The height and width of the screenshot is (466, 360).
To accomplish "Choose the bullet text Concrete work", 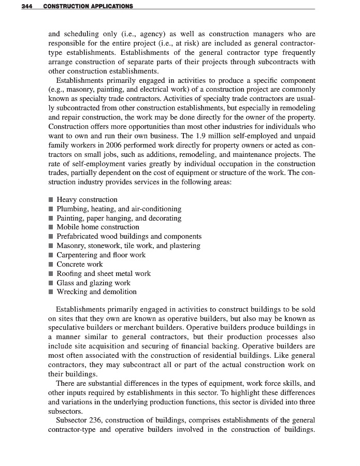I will (80, 264).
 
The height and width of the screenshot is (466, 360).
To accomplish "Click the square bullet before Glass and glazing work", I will (51, 283).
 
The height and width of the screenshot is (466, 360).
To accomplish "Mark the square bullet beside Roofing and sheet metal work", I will (51, 273).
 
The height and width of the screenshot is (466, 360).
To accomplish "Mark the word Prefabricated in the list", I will (79, 236).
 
